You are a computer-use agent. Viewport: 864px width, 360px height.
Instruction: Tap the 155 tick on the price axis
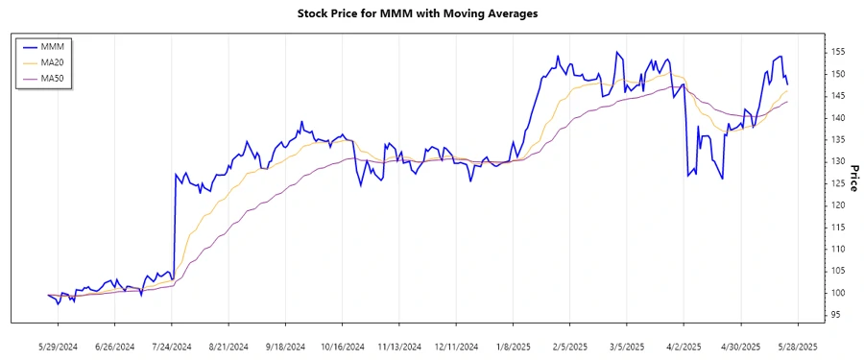tap(837, 52)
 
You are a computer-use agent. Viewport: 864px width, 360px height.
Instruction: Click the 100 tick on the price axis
tap(837, 293)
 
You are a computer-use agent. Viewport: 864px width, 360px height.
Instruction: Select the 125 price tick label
tap(837, 183)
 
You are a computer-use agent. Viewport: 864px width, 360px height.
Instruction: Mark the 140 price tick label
tap(837, 118)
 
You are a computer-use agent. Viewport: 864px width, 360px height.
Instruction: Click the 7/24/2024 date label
tap(173, 347)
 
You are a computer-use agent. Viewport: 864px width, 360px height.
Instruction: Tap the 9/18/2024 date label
tap(286, 347)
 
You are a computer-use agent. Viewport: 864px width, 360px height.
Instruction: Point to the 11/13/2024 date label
tap(399, 347)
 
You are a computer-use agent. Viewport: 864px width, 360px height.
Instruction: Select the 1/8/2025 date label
tap(513, 347)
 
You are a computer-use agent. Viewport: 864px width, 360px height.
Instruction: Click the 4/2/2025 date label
tap(683, 347)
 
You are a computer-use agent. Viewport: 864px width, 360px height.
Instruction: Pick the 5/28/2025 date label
tap(796, 347)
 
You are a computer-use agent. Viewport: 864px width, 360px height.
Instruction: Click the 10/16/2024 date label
tap(343, 347)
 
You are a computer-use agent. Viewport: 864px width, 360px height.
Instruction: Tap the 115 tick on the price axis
tap(837, 228)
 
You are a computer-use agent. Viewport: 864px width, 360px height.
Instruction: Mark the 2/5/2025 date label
tap(569, 347)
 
